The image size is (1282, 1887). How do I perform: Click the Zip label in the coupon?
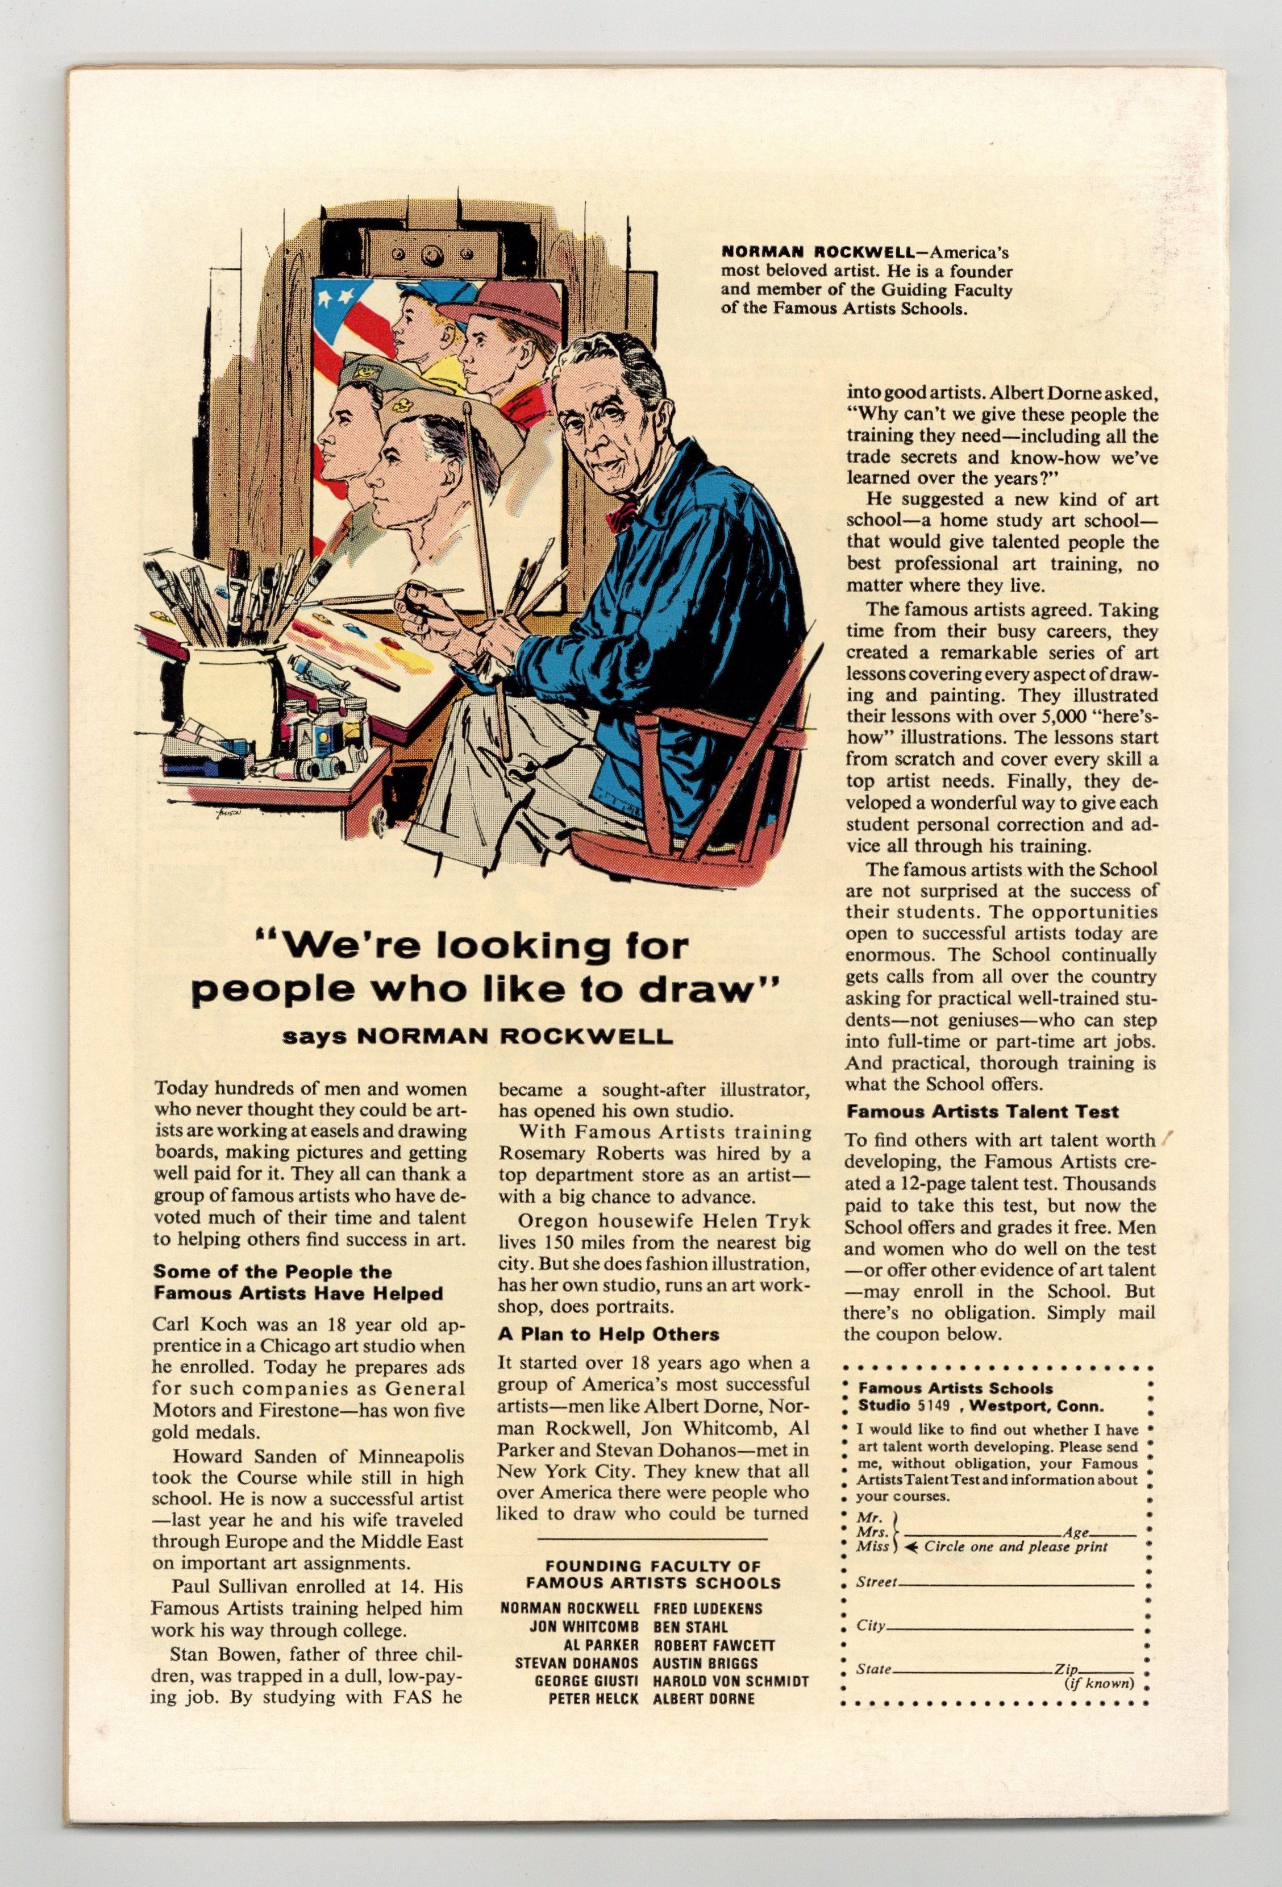pyautogui.click(x=1065, y=1669)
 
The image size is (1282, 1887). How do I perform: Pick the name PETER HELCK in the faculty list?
pyautogui.click(x=593, y=1698)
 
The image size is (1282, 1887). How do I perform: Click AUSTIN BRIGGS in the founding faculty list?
pyautogui.click(x=705, y=1662)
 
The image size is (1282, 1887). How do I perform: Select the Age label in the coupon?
pyautogui.click(x=1076, y=1532)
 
